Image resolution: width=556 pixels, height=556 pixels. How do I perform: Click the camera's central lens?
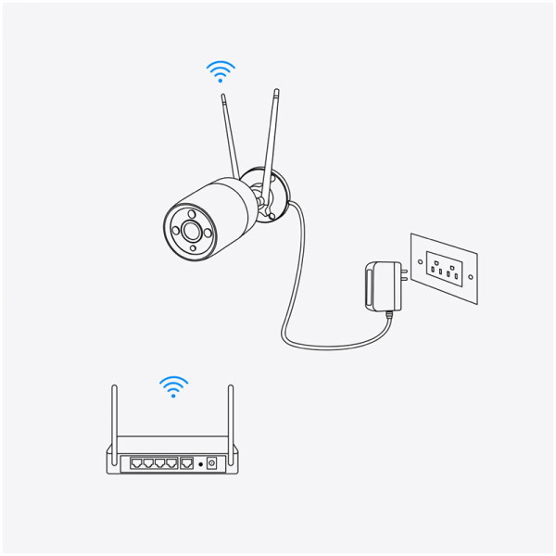[192, 229]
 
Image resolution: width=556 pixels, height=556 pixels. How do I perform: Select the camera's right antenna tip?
[276, 90]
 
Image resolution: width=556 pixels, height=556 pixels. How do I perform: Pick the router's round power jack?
[211, 461]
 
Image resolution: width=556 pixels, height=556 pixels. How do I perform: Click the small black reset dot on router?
[200, 461]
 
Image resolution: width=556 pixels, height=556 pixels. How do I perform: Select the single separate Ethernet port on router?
[186, 461]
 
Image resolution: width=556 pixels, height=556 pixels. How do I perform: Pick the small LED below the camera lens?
[193, 247]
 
